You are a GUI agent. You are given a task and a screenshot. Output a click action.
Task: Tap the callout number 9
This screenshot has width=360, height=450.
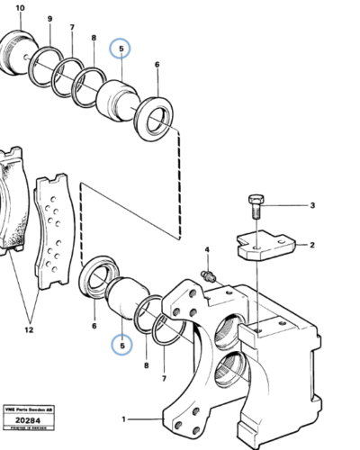click(50, 20)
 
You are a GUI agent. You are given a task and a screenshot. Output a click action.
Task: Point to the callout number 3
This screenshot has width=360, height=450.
click(313, 205)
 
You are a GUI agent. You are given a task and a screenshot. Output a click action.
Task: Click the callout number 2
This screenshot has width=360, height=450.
click(313, 244)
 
